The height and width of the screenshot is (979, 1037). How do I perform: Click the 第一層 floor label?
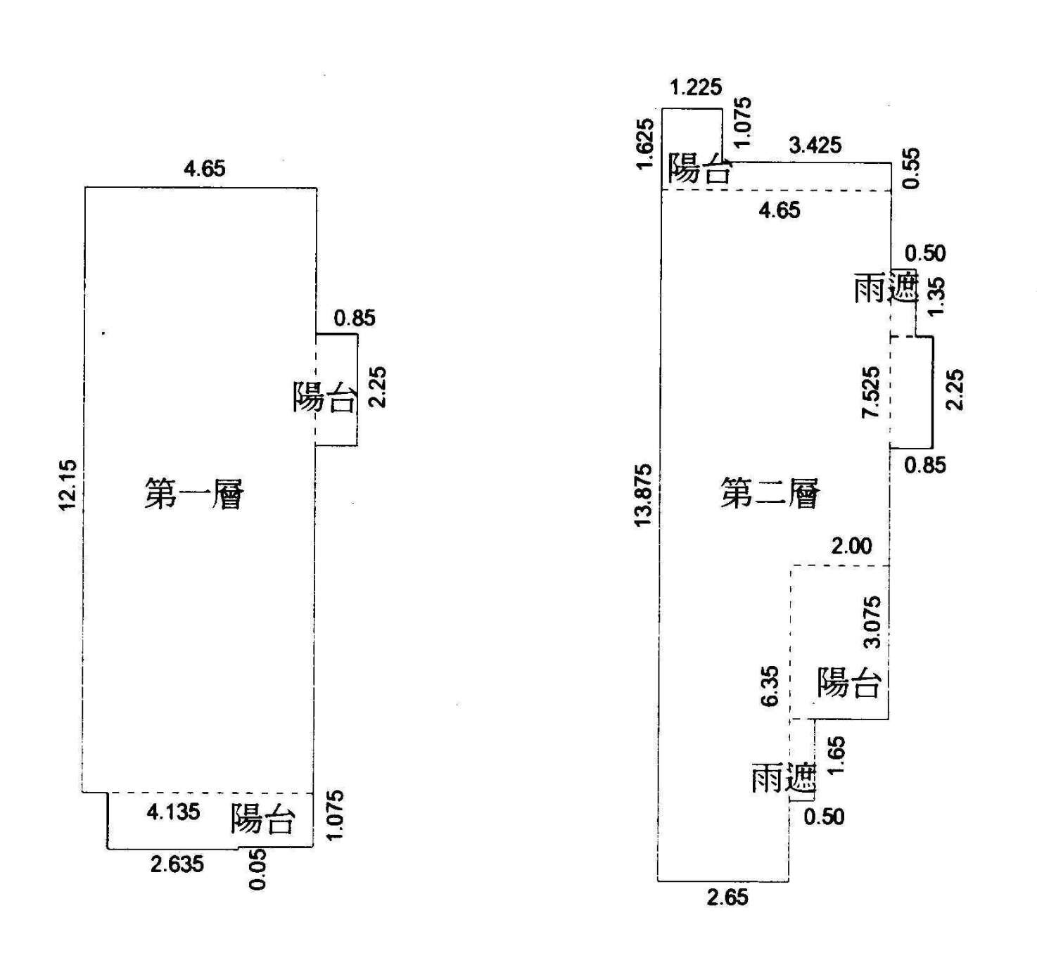click(193, 494)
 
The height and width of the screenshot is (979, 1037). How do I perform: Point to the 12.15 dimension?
click(68, 485)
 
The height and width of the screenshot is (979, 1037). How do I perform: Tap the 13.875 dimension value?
click(643, 495)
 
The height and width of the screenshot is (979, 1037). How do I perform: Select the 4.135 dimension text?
click(173, 812)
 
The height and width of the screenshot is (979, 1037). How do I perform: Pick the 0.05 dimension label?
click(258, 869)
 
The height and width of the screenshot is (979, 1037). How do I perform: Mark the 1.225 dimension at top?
click(696, 87)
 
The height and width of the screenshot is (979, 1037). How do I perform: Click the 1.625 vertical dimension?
click(645, 143)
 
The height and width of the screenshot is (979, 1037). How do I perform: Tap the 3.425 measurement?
click(815, 145)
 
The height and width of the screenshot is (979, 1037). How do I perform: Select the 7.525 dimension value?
click(871, 392)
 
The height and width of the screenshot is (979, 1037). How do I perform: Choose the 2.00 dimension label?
click(851, 546)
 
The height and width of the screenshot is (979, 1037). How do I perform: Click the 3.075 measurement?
click(871, 622)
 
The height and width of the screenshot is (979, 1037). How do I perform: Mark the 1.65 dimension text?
click(836, 755)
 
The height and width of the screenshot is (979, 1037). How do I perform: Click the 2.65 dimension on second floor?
click(728, 897)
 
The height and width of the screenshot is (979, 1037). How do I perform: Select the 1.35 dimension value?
click(936, 297)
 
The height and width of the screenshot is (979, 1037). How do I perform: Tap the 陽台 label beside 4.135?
click(262, 819)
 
